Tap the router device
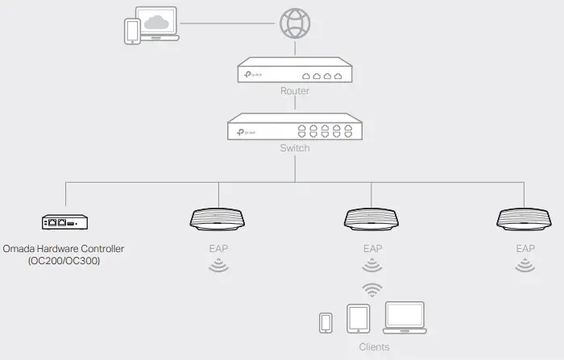click(295, 72)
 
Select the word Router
click(295, 91)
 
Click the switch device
click(294, 128)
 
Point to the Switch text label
click(294, 148)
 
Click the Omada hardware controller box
click(64, 221)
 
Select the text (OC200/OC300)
click(64, 262)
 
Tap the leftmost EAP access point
click(218, 219)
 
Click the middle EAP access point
click(371, 219)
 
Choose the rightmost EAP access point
click(525, 219)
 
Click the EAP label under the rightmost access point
click(525, 249)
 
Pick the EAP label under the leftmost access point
click(218, 249)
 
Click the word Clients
click(373, 347)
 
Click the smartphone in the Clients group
click(326, 322)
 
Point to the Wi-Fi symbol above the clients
click(371, 288)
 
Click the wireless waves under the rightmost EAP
click(525, 265)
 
